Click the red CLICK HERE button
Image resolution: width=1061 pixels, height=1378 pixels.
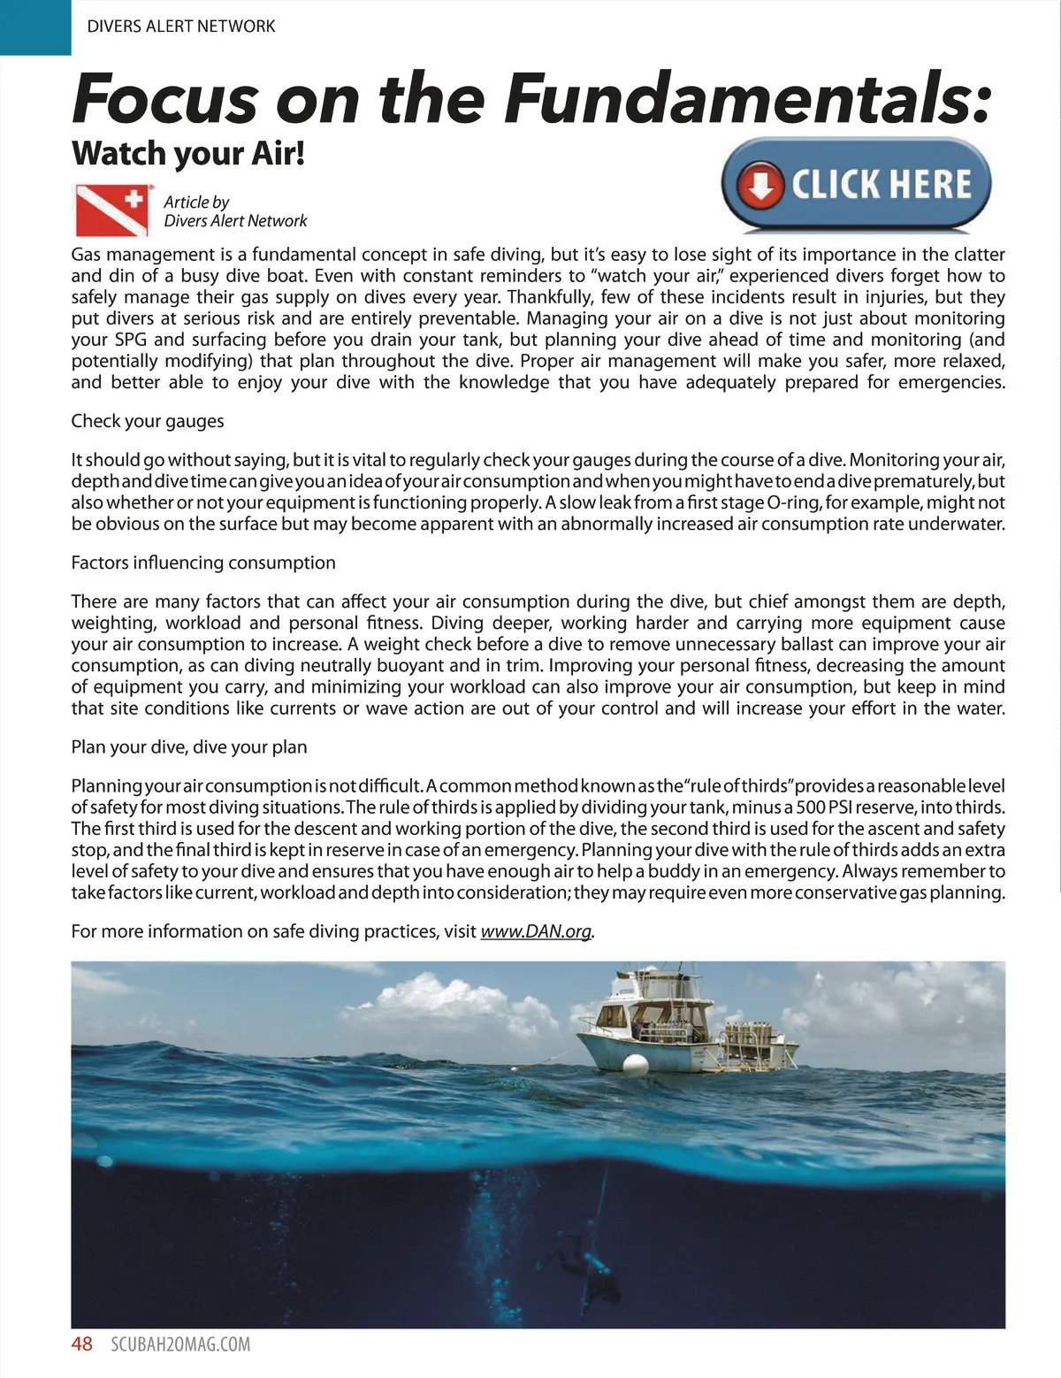tap(856, 185)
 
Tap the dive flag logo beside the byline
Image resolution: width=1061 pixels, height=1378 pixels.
tap(111, 209)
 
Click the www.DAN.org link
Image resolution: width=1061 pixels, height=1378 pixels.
tap(536, 931)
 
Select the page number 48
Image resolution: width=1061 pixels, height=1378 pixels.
tap(81, 1344)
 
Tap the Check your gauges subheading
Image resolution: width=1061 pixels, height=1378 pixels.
tap(148, 421)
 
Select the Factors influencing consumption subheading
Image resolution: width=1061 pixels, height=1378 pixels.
tap(203, 563)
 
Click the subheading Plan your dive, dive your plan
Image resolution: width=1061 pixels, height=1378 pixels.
tap(189, 747)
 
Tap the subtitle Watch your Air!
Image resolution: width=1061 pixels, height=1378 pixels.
tap(188, 153)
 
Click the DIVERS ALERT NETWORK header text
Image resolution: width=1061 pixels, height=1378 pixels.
tap(181, 26)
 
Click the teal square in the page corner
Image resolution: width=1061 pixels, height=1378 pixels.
tap(34, 27)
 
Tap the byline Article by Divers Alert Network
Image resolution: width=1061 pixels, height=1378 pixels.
tap(235, 211)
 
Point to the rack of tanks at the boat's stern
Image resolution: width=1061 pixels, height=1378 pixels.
tap(751, 1034)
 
